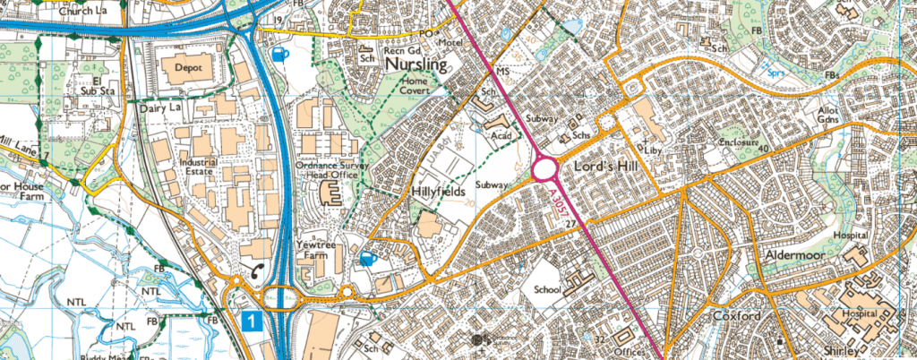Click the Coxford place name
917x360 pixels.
click(736, 317)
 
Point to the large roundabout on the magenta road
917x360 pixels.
click(545, 169)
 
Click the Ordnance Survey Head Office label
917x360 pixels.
click(332, 168)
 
